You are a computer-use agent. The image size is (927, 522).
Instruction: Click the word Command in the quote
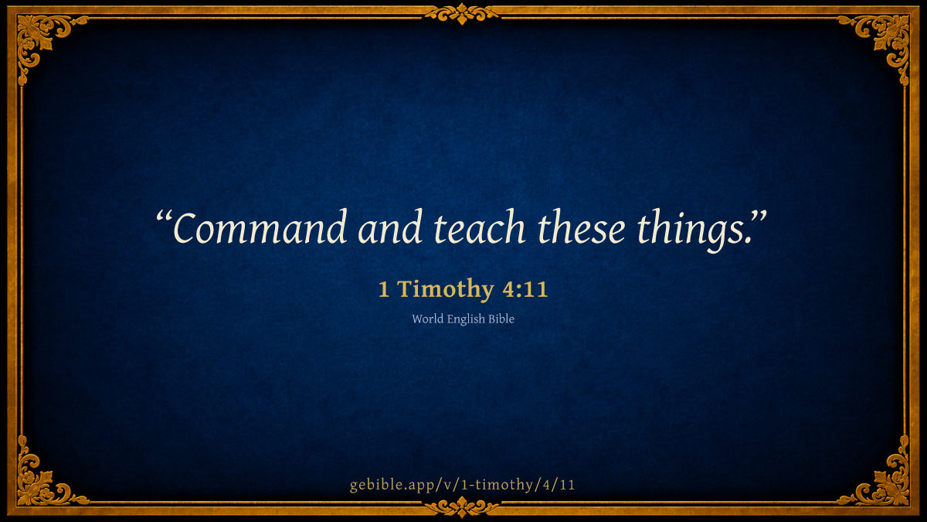[260, 228]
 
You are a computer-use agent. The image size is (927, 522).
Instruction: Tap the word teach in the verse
[479, 227]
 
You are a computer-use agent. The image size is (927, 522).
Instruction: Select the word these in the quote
[582, 227]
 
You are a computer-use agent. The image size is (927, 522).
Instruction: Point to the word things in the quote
[694, 230]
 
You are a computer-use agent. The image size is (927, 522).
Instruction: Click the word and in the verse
[390, 227]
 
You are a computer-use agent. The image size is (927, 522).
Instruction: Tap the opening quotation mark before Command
[164, 218]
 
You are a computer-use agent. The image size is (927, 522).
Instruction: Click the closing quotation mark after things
[759, 217]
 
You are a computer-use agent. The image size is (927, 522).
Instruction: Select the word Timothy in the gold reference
[446, 289]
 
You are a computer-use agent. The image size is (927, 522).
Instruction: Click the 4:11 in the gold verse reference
[525, 289]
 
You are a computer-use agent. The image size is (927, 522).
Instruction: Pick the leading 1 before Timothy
[384, 289]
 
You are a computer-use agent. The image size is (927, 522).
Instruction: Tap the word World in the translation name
[427, 319]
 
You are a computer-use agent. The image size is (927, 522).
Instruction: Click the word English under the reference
[466, 319]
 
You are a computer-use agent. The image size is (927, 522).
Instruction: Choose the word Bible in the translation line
[501, 319]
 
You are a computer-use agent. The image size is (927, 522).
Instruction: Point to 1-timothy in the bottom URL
[497, 485]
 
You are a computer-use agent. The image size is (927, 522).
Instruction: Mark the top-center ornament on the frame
[461, 14]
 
